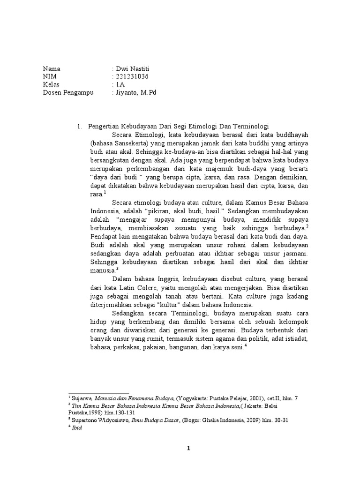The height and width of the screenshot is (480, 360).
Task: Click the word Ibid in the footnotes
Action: tap(76, 428)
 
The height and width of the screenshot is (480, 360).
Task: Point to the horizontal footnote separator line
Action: tap(98, 393)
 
